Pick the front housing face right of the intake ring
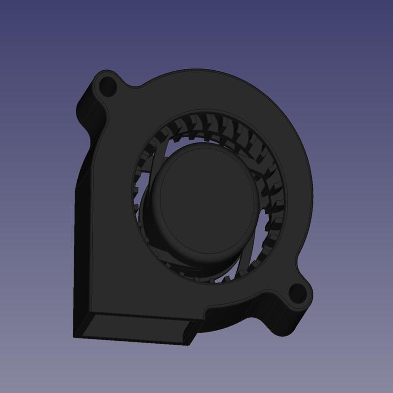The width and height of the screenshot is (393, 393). point(295,196)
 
